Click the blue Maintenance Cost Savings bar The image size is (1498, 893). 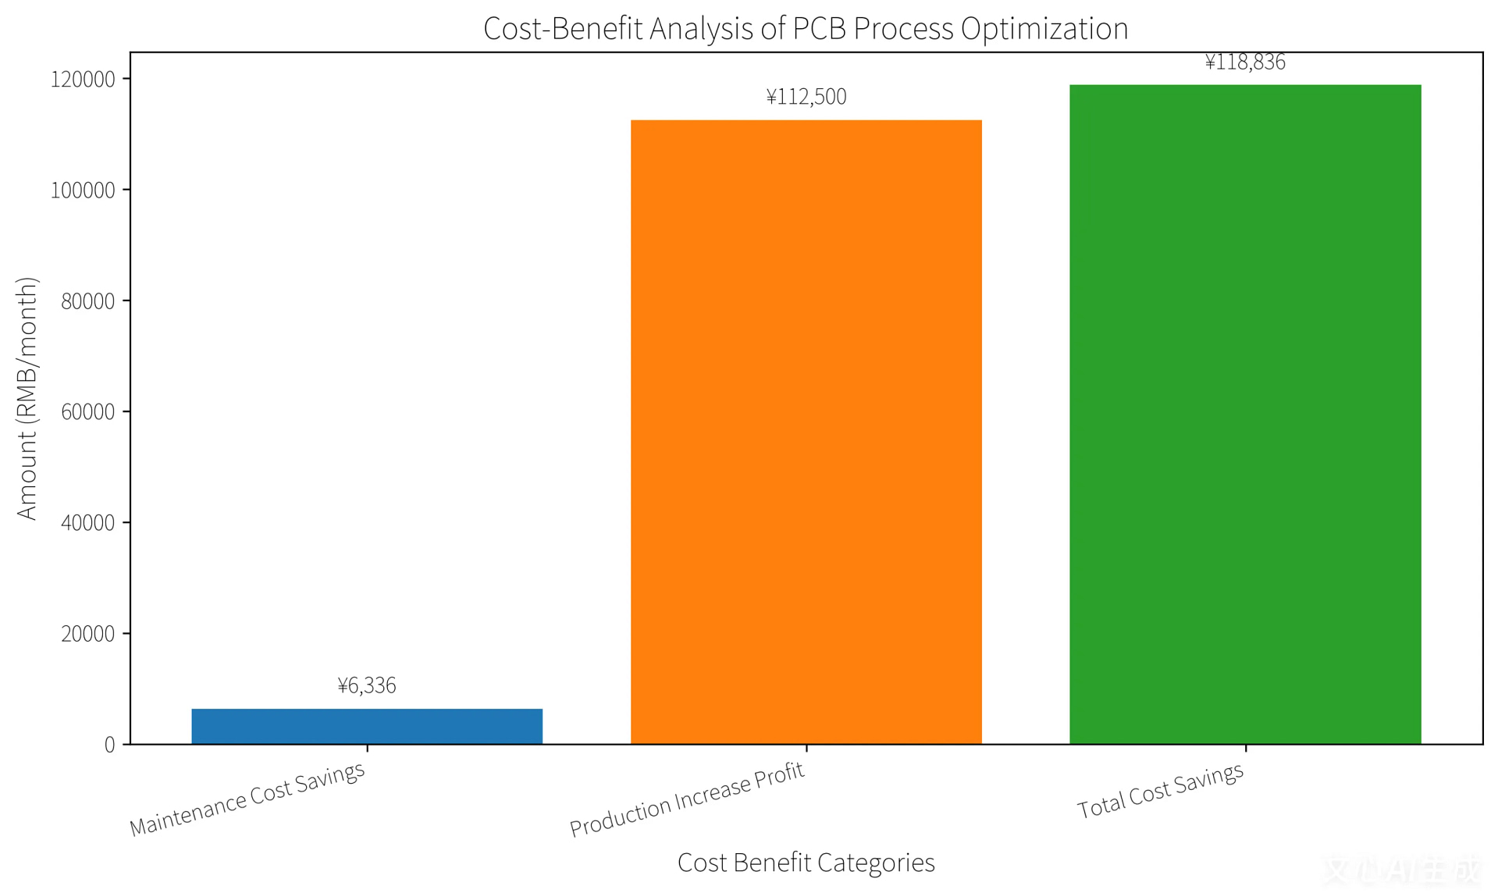[367, 726]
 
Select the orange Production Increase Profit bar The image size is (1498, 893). [806, 432]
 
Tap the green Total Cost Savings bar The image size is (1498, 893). [1245, 414]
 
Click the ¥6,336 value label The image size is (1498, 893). [367, 685]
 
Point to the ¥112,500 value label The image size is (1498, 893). [806, 97]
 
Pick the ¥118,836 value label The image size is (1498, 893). [1245, 62]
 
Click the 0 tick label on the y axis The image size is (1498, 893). [110, 745]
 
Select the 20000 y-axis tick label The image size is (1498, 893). [88, 634]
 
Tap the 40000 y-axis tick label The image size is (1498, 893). [88, 523]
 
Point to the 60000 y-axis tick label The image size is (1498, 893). [88, 412]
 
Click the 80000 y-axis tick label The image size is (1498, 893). [88, 301]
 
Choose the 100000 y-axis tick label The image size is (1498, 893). [83, 190]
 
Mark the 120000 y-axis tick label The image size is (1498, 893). [83, 80]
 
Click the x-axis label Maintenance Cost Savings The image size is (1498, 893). [247, 799]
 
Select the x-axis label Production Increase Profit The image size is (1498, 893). [687, 799]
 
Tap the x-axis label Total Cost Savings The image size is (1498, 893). [1160, 790]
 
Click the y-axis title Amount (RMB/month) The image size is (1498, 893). [27, 398]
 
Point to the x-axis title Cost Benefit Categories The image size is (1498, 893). [806, 863]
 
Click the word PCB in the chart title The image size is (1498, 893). [819, 29]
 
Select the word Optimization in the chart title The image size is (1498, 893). [1044, 29]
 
